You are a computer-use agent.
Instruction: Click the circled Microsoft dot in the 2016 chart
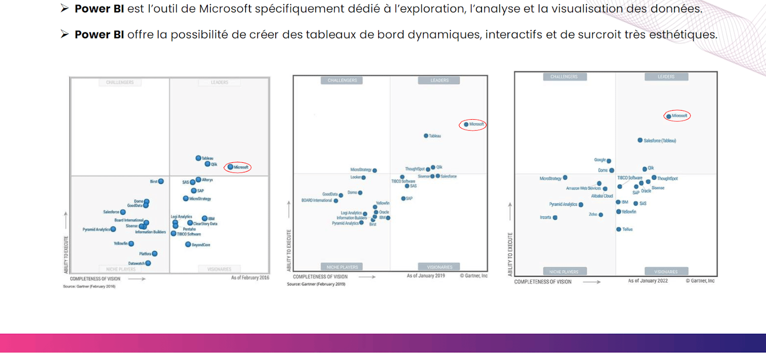(230, 167)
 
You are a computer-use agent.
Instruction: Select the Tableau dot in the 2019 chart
(426, 136)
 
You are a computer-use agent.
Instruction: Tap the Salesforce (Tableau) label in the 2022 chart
(660, 141)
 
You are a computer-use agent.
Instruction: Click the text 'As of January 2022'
(648, 281)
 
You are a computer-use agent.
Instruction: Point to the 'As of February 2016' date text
(250, 278)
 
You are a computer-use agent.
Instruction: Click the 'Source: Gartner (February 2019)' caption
(316, 284)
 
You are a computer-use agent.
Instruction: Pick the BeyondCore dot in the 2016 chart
(188, 245)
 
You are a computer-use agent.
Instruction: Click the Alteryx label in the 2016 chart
(207, 180)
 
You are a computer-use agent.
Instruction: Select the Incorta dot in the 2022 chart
(555, 218)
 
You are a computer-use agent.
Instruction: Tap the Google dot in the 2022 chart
(608, 161)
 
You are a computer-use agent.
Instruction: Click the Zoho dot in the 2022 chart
(601, 215)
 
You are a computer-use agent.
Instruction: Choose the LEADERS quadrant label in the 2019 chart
(439, 80)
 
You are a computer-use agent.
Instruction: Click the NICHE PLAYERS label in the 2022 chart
(563, 272)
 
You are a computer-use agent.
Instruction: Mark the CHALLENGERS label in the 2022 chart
(563, 77)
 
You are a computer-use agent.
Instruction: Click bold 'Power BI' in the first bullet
(99, 9)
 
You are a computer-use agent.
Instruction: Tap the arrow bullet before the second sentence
(65, 34)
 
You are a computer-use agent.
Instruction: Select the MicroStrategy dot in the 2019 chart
(375, 170)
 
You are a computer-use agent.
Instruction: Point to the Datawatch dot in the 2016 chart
(148, 263)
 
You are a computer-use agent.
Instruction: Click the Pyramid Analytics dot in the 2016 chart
(113, 229)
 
